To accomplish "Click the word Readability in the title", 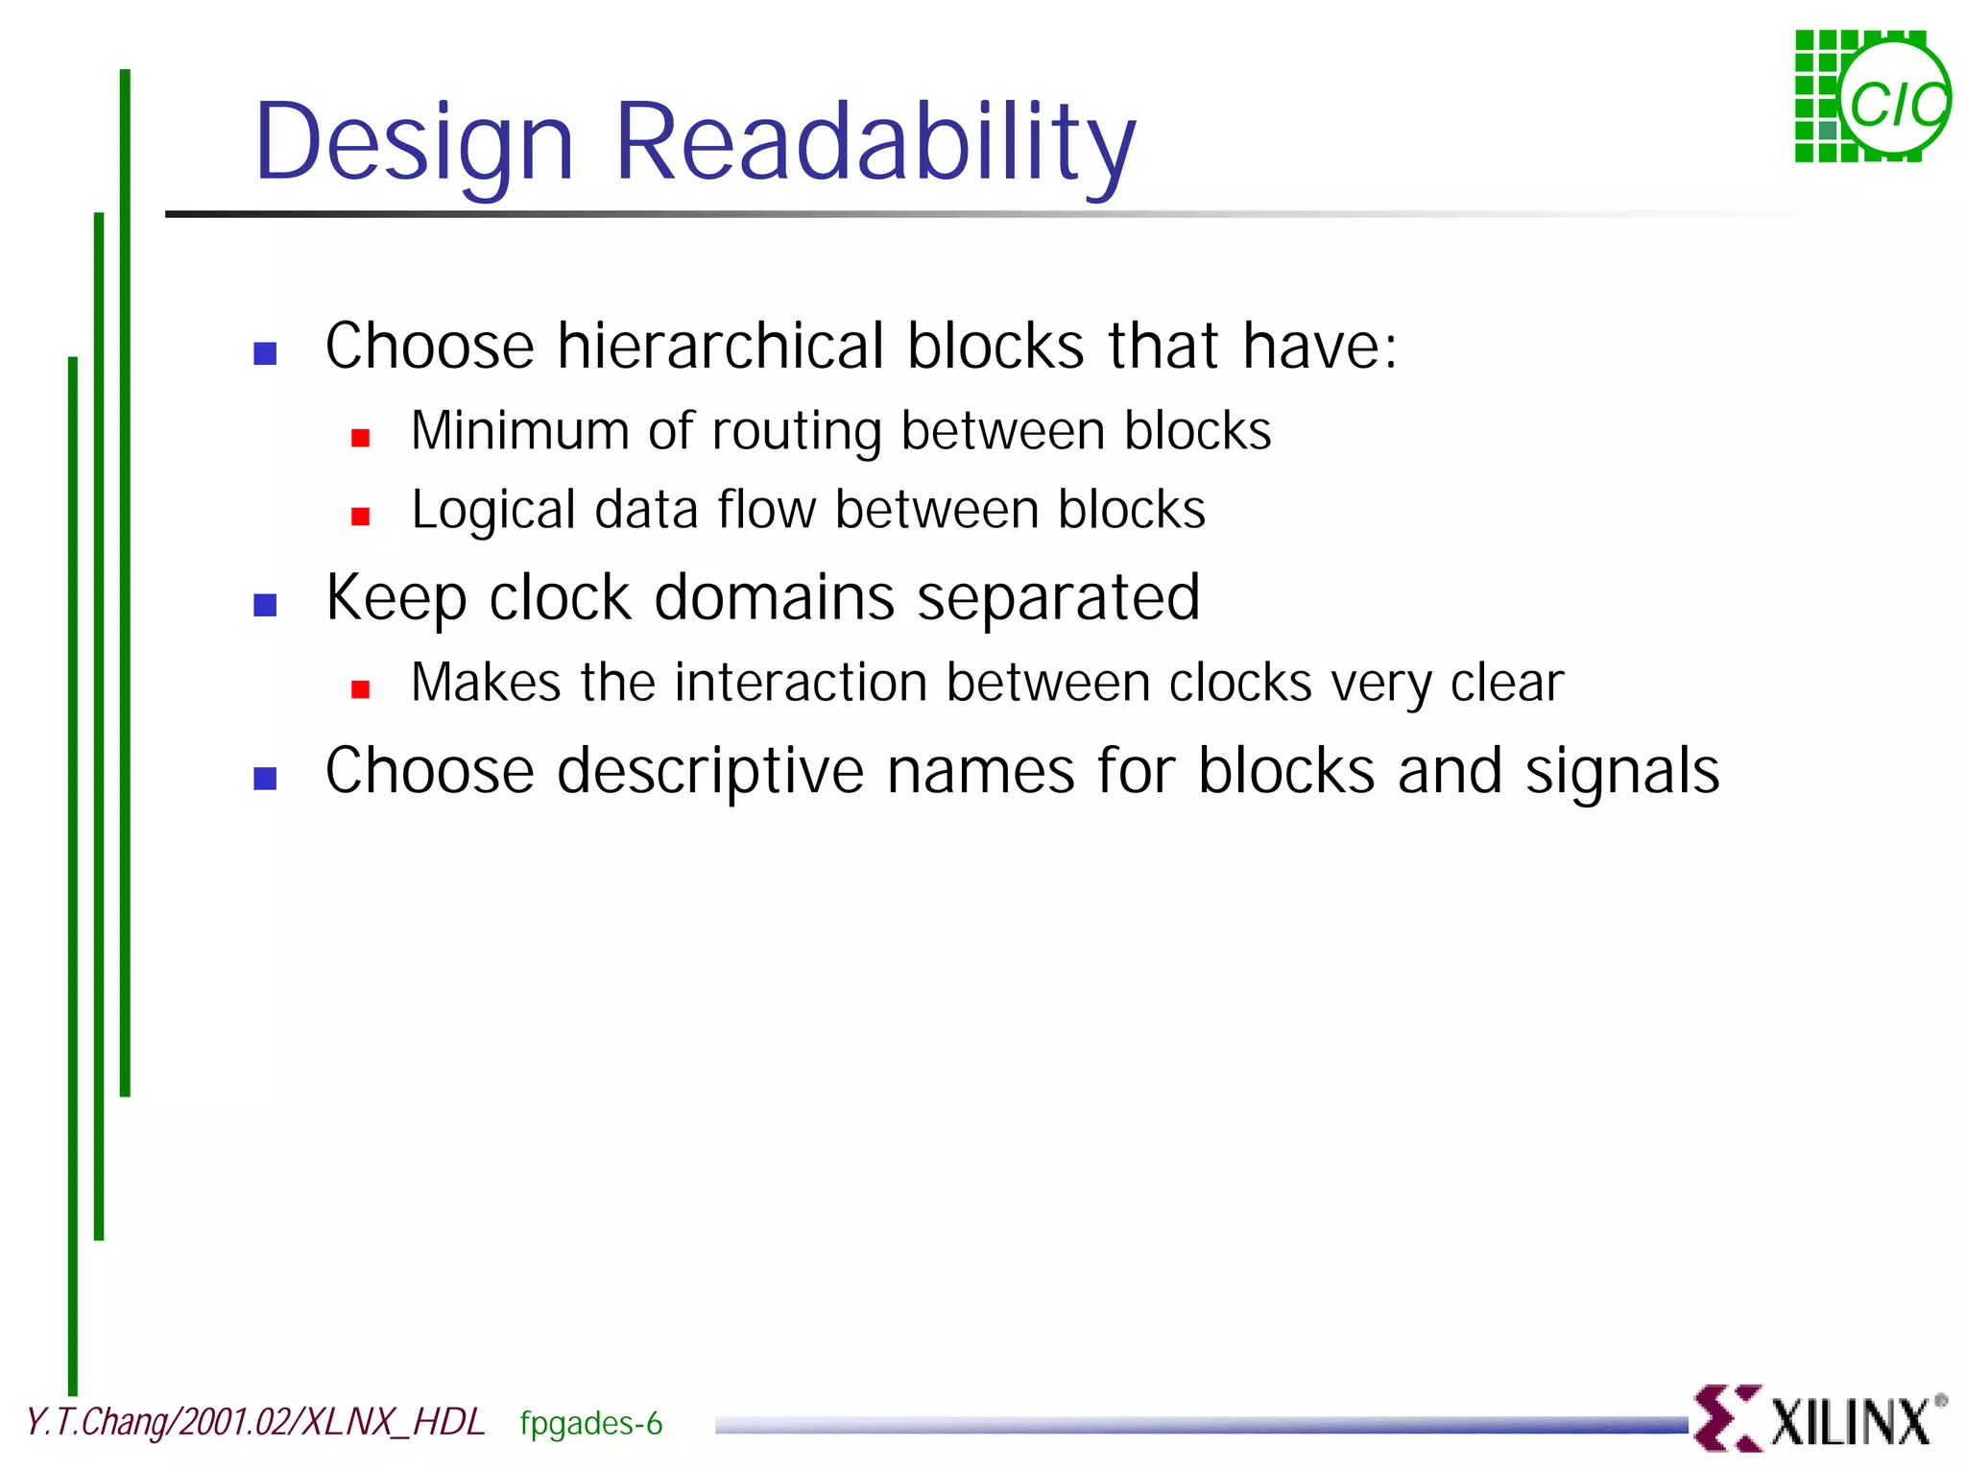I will click(874, 142).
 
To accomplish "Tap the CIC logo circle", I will click(1895, 100).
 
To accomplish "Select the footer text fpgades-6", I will click(590, 1423).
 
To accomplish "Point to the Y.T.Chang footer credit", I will click(254, 1422).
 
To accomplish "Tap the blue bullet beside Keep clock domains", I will click(265, 605).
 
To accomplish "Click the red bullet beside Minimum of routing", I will click(361, 439).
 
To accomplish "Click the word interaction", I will click(802, 683).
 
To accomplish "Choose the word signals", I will click(1621, 771).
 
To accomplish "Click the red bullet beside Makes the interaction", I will click(361, 689).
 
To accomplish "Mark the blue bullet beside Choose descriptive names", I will click(265, 779).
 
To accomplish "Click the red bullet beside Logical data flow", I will click(361, 518).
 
